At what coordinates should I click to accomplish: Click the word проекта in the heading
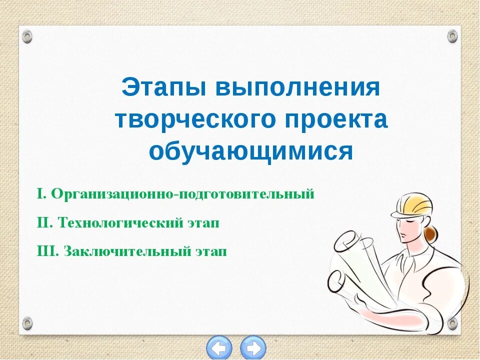point(341,120)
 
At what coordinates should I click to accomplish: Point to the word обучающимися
point(251,150)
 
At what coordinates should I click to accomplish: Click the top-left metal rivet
point(27,36)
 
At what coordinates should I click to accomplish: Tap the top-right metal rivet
point(452,36)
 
